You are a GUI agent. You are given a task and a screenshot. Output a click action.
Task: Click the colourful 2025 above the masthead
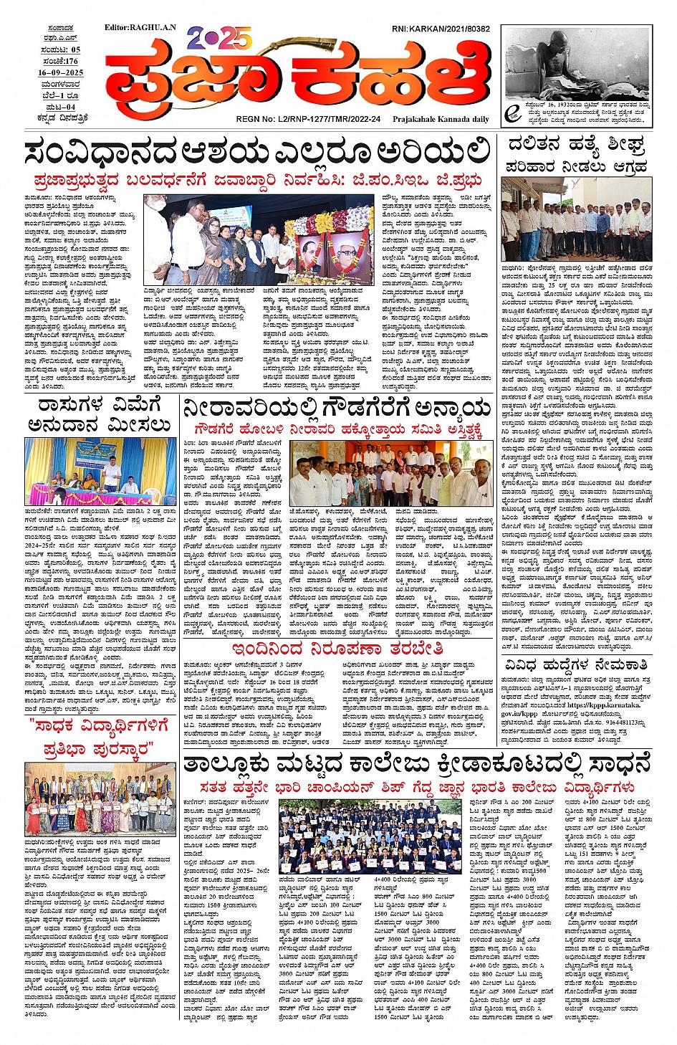tap(219, 38)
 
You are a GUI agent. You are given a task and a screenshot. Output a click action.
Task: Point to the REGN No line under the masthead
tap(308, 119)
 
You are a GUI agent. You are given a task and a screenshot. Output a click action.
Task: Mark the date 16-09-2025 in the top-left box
tap(61, 72)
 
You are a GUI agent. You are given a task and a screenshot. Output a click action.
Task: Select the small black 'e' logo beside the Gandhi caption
tap(512, 113)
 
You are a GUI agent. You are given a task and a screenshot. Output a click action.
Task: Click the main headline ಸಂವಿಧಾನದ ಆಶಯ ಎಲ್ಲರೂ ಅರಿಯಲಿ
tap(256, 153)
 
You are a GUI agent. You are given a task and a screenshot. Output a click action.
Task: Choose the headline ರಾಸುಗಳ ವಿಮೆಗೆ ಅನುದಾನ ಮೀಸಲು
tap(100, 415)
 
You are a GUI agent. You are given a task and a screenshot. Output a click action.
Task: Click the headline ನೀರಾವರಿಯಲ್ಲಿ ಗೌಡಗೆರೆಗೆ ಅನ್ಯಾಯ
tap(337, 409)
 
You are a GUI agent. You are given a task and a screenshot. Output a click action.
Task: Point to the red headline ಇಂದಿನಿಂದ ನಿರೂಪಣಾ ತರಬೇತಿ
tap(337, 649)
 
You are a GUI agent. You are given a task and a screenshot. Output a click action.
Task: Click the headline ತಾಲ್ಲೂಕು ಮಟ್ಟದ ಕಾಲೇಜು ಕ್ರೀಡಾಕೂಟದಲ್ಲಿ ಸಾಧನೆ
tap(417, 764)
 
